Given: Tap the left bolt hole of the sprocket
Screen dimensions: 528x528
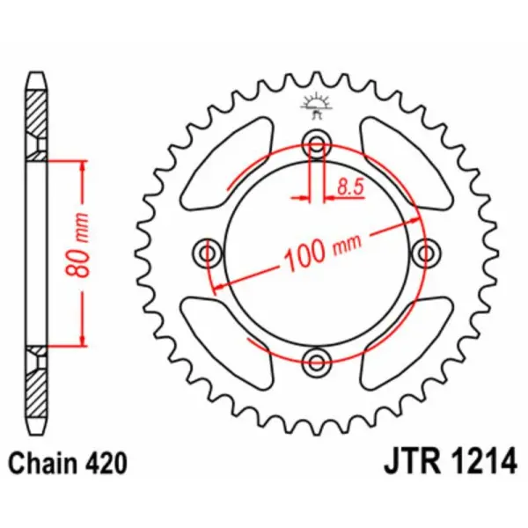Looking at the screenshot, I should click(x=209, y=253).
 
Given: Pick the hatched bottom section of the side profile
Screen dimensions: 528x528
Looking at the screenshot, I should click(x=35, y=387).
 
